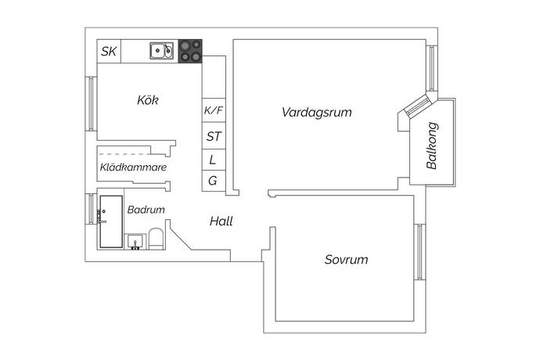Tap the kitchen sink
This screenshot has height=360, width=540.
[163, 52]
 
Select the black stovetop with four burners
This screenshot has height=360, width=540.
[190, 52]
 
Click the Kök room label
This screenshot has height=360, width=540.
[147, 100]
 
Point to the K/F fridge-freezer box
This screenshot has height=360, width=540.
[214, 111]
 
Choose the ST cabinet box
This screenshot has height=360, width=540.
[214, 136]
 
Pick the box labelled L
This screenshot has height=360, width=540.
[214, 160]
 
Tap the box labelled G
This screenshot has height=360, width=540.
[214, 181]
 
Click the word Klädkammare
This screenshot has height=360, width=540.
[132, 167]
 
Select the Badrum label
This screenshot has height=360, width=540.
[146, 210]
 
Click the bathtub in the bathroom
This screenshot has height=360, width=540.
[110, 221]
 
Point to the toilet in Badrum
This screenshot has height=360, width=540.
[155, 237]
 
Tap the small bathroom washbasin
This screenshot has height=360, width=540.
[135, 240]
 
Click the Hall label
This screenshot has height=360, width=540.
[221, 221]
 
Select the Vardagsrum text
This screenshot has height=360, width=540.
[316, 113]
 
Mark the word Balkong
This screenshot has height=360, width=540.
[431, 146]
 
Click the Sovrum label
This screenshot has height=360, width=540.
[346, 260]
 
